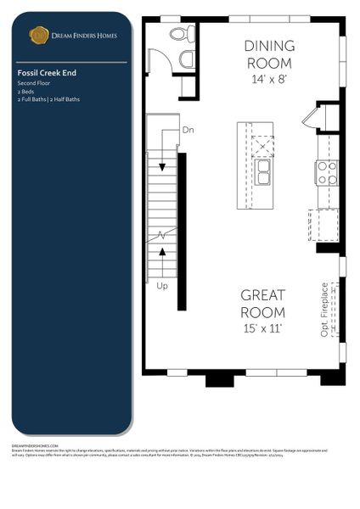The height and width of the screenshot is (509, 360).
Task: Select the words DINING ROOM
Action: (x=269, y=54)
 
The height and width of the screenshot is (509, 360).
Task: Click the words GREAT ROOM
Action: (x=262, y=304)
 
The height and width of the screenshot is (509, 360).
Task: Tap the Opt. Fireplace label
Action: (x=325, y=310)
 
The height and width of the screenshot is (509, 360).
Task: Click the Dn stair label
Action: (x=188, y=130)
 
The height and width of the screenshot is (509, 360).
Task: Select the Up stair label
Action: (x=161, y=287)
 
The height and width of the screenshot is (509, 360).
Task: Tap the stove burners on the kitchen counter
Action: (x=326, y=173)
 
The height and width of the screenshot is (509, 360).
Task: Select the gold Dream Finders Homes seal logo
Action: (x=38, y=35)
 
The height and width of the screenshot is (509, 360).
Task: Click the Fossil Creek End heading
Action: (x=48, y=74)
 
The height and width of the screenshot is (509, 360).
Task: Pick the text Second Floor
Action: (x=34, y=84)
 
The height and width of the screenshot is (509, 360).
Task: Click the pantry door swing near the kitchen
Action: (x=309, y=119)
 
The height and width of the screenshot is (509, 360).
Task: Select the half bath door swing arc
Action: (x=159, y=61)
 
